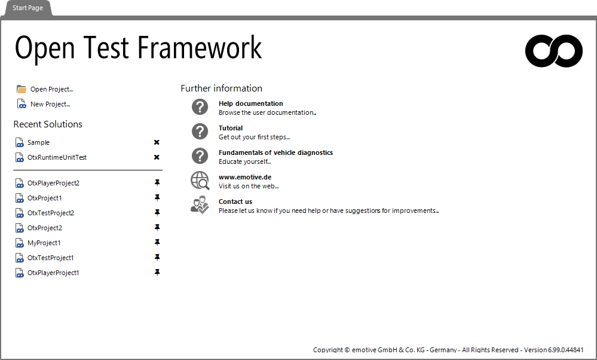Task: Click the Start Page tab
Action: pyautogui.click(x=27, y=8)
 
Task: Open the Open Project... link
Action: pyautogui.click(x=52, y=89)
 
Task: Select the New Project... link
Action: pyautogui.click(x=50, y=104)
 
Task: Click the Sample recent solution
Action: pyautogui.click(x=38, y=142)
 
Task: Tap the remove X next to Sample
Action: pyautogui.click(x=157, y=142)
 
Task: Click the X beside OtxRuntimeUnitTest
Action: pyautogui.click(x=157, y=157)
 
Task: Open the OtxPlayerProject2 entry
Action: pyautogui.click(x=53, y=183)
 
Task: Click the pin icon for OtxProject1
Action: pyautogui.click(x=157, y=198)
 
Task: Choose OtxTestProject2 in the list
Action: pyautogui.click(x=51, y=213)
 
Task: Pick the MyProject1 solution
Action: pyautogui.click(x=44, y=243)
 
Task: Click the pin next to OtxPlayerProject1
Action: pyautogui.click(x=157, y=272)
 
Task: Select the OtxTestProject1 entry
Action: pyautogui.click(x=51, y=258)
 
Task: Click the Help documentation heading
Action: pyautogui.click(x=250, y=103)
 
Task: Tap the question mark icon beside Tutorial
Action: pyautogui.click(x=200, y=132)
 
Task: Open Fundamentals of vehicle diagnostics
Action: pyautogui.click(x=275, y=152)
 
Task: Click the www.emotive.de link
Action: pyautogui.click(x=245, y=177)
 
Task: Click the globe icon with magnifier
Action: pyautogui.click(x=200, y=181)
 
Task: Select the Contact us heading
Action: pyautogui.click(x=235, y=202)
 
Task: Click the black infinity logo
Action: pyautogui.click(x=553, y=51)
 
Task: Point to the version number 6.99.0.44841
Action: pyautogui.click(x=566, y=350)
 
